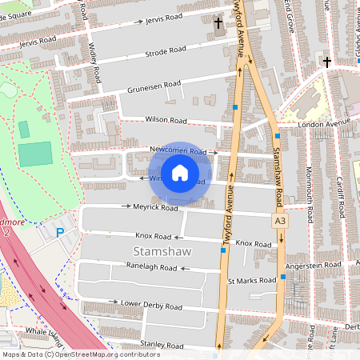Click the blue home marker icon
180,174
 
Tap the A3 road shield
279,220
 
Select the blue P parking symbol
60,232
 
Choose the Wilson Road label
166,120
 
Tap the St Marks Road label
252,281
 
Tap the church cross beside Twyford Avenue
218,23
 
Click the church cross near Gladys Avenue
326,62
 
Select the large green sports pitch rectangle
34,154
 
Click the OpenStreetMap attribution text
81,354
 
